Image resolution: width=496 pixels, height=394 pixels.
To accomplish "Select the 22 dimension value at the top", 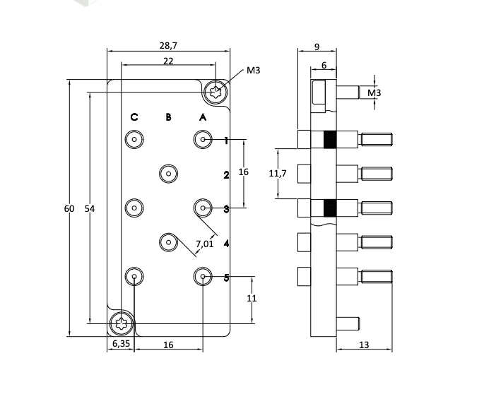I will tap(168, 61).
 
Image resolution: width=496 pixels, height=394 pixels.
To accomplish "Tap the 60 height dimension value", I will tap(69, 208).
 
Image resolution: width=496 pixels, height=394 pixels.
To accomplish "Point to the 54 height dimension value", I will tap(90, 208).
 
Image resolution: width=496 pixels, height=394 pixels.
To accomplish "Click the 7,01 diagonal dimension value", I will tap(204, 244).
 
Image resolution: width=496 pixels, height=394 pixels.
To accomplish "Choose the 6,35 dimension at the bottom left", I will tap(121, 344).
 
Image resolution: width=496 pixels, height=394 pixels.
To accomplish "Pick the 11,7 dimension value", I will tap(278, 174).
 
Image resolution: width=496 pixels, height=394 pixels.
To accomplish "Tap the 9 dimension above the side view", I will tap(317, 47).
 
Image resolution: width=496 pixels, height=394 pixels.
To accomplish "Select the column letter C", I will tap(134, 117).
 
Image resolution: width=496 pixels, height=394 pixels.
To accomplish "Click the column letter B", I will tap(168, 117).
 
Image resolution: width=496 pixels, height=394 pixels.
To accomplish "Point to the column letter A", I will tap(203, 117).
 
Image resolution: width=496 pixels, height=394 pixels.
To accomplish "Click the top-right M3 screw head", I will tap(216, 91).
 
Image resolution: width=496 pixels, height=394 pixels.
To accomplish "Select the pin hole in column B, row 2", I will tap(168, 174).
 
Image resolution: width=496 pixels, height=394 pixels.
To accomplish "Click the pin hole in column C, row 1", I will tap(134, 140).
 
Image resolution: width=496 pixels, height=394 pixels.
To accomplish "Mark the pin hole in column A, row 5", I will tap(203, 277).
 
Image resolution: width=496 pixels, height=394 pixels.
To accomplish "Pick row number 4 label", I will tap(226, 244).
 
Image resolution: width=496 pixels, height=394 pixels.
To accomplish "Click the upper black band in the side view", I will tap(329, 139).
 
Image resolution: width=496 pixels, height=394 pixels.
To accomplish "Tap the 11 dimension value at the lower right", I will tap(252, 299).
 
